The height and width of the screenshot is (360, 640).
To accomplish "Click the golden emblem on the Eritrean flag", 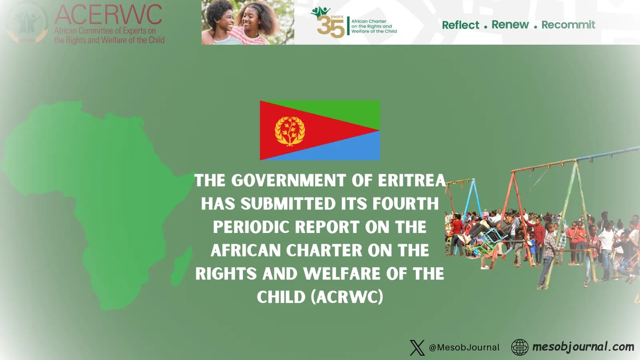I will pyautogui.click(x=290, y=131).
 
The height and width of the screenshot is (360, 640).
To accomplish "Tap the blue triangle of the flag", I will pyautogui.click(x=340, y=148).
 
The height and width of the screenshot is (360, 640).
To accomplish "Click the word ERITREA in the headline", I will pyautogui.click(x=412, y=180).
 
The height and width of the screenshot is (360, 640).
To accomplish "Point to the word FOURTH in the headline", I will pyautogui.click(x=405, y=204).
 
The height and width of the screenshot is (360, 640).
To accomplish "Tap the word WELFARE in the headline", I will pyautogui.click(x=342, y=274).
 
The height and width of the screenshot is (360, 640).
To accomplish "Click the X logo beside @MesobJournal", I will pyautogui.click(x=417, y=348).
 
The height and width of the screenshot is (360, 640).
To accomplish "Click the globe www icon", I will pyautogui.click(x=520, y=347).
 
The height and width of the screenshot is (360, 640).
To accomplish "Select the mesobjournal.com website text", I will pyautogui.click(x=583, y=347).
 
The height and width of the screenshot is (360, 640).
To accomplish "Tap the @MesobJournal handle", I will pyautogui.click(x=464, y=348).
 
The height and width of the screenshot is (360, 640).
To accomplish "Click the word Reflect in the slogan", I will pyautogui.click(x=460, y=25).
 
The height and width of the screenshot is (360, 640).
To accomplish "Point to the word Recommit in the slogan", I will pyautogui.click(x=568, y=25).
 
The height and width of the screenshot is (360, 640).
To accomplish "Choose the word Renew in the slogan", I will pyautogui.click(x=510, y=25).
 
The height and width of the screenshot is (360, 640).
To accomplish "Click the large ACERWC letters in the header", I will pyautogui.click(x=108, y=15).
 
